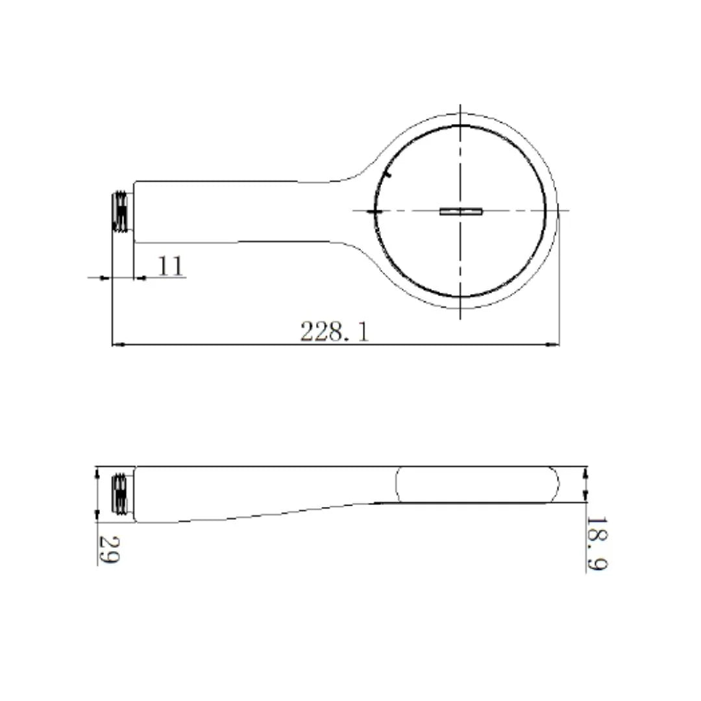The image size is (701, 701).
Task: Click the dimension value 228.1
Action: coord(334,332)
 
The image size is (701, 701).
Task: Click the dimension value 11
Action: coord(171,266)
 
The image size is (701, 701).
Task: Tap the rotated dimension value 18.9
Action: coord(596,544)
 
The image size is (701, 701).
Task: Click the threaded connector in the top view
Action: coord(121,211)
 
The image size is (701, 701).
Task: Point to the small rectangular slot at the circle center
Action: coord(461,210)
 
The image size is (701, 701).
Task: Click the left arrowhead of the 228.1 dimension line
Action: coord(117,345)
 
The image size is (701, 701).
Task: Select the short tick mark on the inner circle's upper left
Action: coord(387,173)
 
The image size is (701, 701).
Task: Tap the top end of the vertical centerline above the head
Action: coord(460,106)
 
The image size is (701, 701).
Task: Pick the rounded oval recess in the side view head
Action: coord(477,484)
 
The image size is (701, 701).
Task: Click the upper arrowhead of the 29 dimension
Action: coord(97,473)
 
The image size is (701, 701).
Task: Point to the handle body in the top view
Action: coord(234,211)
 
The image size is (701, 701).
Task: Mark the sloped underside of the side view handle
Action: coord(273,513)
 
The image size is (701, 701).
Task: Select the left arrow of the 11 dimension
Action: coord(103,278)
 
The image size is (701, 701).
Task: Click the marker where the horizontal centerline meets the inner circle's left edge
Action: coord(375,210)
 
